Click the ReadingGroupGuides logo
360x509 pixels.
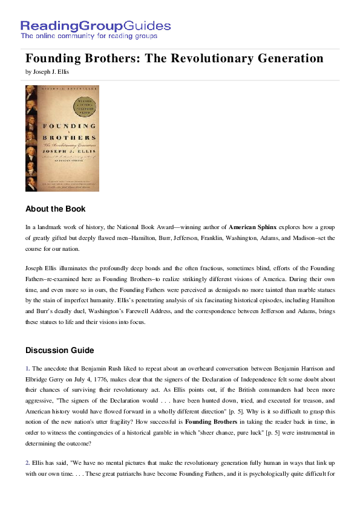click(x=96, y=26)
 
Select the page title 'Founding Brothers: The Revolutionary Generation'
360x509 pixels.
click(x=174, y=59)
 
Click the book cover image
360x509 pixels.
click(x=62, y=138)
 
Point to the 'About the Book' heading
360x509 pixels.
click(x=56, y=209)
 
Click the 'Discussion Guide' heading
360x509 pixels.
click(x=59, y=350)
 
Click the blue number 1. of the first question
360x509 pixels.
click(x=28, y=368)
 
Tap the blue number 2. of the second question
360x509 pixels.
click(x=28, y=463)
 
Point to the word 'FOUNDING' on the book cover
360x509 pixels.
click(x=62, y=126)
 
